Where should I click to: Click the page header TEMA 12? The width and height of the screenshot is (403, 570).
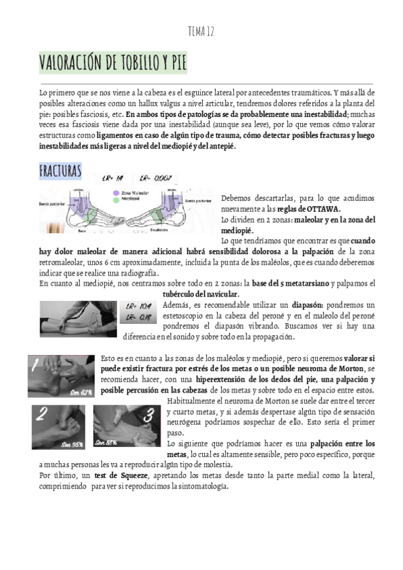pyautogui.click(x=201, y=32)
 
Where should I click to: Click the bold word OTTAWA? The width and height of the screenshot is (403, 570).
pyautogui.click(x=324, y=209)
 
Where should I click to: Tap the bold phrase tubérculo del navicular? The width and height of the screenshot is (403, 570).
pyautogui.click(x=201, y=294)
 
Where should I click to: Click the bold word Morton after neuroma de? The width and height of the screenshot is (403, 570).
pyautogui.click(x=348, y=369)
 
